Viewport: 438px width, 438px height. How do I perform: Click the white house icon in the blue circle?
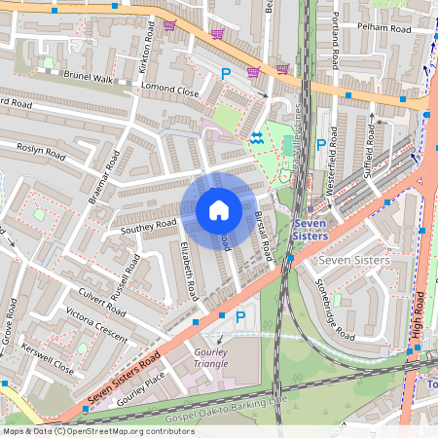[219, 209]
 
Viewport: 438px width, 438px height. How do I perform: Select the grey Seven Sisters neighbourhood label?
[354, 260]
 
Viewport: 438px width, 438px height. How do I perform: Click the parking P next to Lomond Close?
[226, 74]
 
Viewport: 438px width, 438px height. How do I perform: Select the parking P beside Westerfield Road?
[321, 145]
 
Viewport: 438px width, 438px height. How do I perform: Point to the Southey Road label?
[148, 226]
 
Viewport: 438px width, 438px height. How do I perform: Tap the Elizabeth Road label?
[187, 271]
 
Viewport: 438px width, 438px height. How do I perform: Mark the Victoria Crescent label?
[96, 323]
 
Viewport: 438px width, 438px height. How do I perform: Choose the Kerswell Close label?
[51, 359]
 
